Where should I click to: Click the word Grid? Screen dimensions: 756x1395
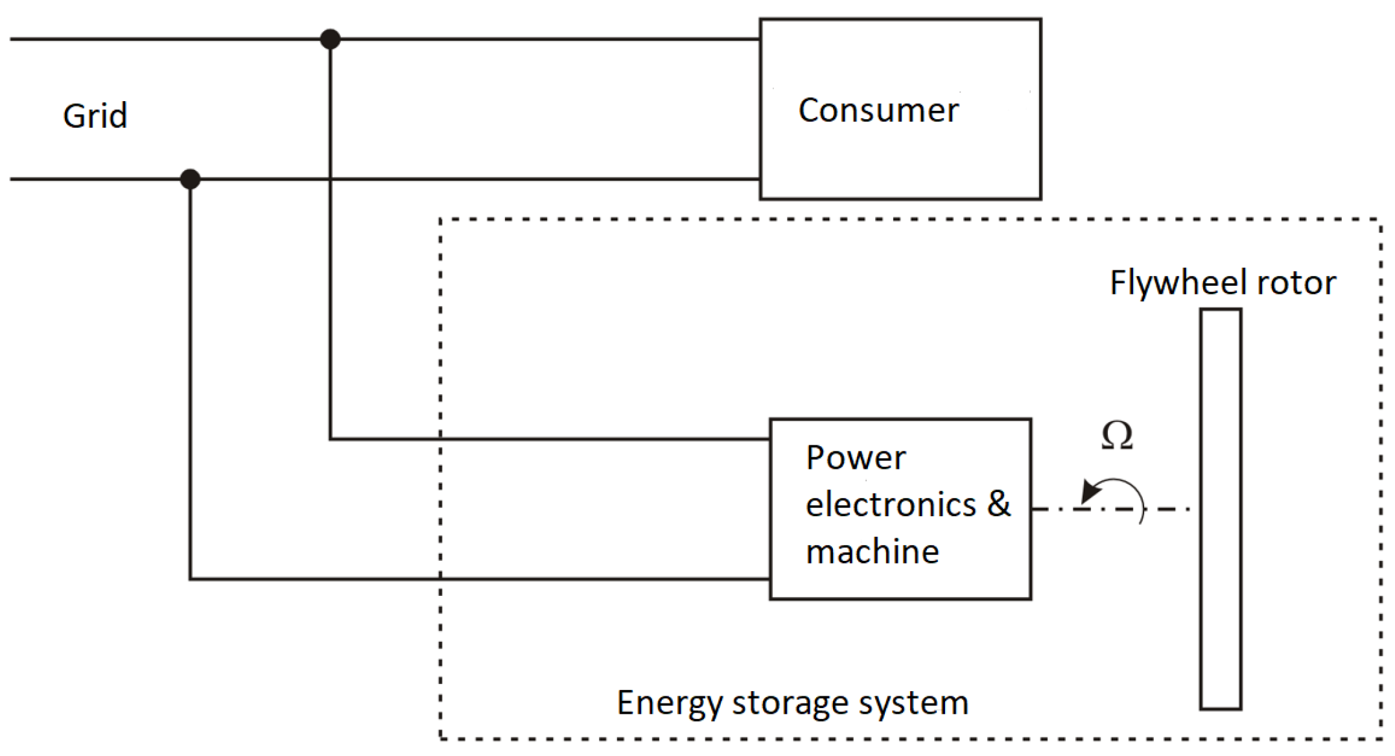point(95,116)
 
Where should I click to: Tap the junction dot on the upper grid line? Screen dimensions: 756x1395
point(331,40)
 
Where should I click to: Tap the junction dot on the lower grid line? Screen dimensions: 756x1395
point(190,179)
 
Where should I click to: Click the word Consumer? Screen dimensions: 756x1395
point(878,110)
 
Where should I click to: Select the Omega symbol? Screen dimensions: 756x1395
point(1117,435)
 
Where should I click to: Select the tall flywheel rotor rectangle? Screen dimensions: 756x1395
point(1221,509)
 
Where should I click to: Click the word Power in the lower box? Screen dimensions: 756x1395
point(856,458)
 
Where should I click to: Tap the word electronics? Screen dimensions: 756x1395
point(891,504)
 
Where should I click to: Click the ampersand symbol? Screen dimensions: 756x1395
point(999,503)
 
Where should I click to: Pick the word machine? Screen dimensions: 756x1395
point(873,552)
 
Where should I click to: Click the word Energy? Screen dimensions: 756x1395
point(669,703)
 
